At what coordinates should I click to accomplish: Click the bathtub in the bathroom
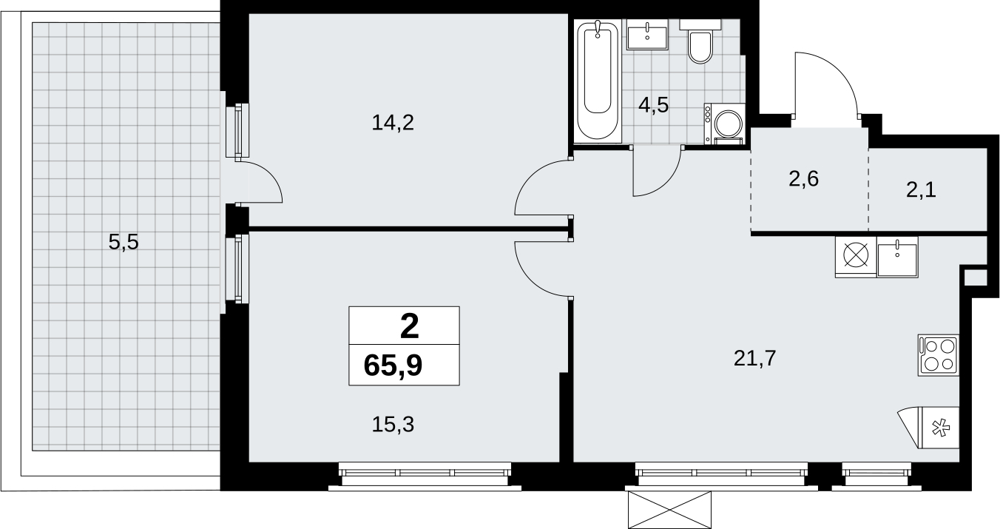[598, 81]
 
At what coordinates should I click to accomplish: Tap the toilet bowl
[700, 41]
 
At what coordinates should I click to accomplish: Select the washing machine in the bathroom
[725, 124]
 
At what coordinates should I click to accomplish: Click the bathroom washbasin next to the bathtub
[647, 34]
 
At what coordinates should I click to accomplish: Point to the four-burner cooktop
[939, 355]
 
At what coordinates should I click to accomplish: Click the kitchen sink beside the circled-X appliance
[897, 257]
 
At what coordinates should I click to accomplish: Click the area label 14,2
[393, 123]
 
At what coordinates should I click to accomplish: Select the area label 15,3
[393, 424]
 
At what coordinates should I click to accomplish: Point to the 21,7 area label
[755, 358]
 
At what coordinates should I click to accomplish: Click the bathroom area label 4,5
[654, 106]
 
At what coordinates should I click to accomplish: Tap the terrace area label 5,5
[124, 243]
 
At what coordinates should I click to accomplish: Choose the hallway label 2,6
[803, 180]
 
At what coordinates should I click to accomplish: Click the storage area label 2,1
[921, 191]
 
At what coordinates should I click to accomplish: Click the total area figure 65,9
[393, 365]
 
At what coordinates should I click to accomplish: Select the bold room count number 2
[409, 326]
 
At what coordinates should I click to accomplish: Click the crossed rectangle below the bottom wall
[669, 510]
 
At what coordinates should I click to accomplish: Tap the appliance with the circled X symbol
[856, 257]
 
